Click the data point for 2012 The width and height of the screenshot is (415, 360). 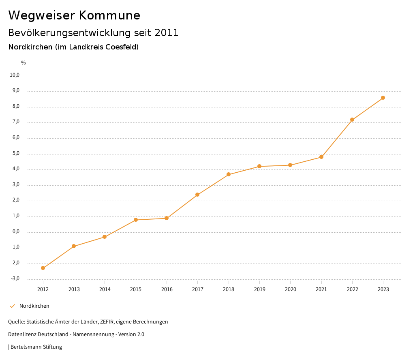[x=43, y=268]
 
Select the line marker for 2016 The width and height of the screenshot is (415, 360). [x=167, y=219]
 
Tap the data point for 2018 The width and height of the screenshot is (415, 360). [x=229, y=174]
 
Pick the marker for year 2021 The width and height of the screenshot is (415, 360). [x=321, y=157]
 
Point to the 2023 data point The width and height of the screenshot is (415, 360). [x=383, y=98]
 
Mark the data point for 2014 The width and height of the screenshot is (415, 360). [x=105, y=237]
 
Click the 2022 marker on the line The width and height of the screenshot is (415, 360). [x=352, y=120]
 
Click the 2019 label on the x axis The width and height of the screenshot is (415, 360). [x=259, y=289]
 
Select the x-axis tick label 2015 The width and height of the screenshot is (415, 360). [x=136, y=289]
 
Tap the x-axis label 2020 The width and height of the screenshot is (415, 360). [x=290, y=289]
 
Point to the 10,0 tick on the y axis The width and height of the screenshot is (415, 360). [x=15, y=75]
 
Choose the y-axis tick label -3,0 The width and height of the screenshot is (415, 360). [x=15, y=279]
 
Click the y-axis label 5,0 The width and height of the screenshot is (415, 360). [x=16, y=153]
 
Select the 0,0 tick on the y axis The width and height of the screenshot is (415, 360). [x=16, y=231]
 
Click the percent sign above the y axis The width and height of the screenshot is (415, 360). [x=24, y=63]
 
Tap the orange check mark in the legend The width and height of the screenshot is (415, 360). [x=12, y=306]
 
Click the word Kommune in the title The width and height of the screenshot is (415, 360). [x=109, y=15]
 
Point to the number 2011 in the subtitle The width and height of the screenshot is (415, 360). [x=166, y=33]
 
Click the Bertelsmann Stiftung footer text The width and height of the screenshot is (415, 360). [x=36, y=347]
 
